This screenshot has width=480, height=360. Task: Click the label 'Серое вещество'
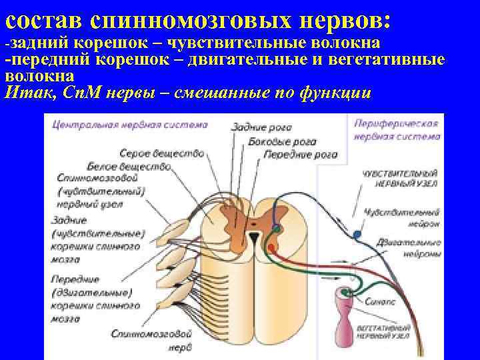pyautogui.click(x=162, y=153)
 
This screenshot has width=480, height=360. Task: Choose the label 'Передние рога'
pyautogui.click(x=301, y=155)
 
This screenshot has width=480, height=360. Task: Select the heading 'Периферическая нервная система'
pyautogui.click(x=396, y=130)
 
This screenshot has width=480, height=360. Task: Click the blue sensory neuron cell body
pyautogui.click(x=358, y=234)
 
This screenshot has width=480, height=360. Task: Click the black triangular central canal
pyautogui.click(x=254, y=237)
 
